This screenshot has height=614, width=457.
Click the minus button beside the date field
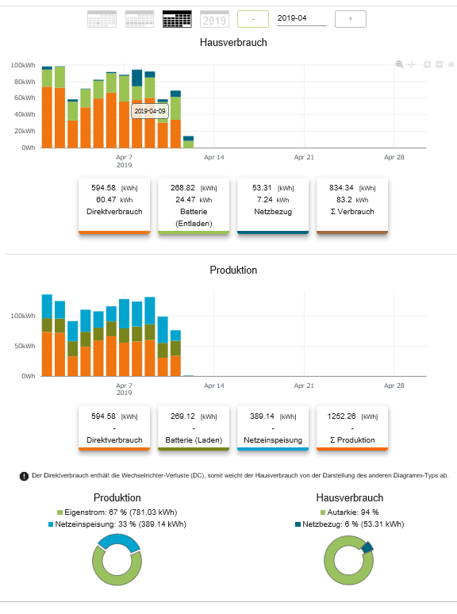[253, 19]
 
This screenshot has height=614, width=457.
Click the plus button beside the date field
[351, 19]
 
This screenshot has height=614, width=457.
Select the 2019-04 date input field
[301, 18]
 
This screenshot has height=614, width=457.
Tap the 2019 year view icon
[214, 19]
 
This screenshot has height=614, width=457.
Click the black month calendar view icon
[177, 19]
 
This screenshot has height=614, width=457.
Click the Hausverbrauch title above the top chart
[233, 42]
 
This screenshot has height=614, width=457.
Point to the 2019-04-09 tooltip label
[150, 111]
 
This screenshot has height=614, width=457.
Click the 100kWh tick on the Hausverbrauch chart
[23, 65]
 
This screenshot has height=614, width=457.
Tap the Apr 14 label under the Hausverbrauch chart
[214, 157]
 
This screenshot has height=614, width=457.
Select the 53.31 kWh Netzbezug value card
[273, 205]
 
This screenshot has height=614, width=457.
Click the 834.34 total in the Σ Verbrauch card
[341, 188]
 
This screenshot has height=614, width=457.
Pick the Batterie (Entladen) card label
[194, 217]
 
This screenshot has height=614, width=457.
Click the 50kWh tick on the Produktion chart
[25, 346]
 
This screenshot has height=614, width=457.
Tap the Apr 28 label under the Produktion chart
[394, 386]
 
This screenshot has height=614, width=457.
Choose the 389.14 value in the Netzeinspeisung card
[263, 416]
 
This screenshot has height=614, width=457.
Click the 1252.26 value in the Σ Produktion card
[341, 416]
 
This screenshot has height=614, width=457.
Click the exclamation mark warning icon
[24, 476]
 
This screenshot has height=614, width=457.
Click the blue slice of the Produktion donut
[119, 540]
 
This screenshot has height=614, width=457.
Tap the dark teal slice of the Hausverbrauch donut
[367, 547]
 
